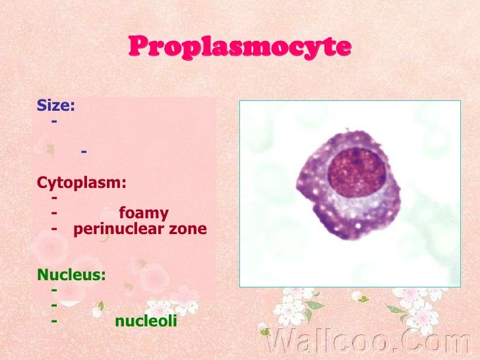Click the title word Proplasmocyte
240,47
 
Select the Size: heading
55,105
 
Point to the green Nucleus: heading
71,274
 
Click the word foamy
144,214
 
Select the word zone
187,229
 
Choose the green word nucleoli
146,322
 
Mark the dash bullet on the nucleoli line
53,322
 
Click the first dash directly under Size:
53,121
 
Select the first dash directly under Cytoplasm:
53,198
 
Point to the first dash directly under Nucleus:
53,290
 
